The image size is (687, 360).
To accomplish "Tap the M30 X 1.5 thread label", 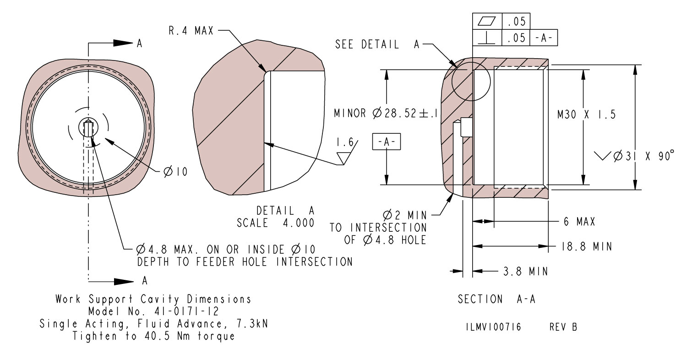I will [x=586, y=115].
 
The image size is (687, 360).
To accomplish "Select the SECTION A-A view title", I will [x=497, y=300].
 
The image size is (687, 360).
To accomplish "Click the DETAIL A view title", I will [x=285, y=211].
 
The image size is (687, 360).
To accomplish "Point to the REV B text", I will [x=563, y=327].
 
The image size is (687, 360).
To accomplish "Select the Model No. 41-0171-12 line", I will [x=153, y=311].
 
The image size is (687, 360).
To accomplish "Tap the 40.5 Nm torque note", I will [x=153, y=336].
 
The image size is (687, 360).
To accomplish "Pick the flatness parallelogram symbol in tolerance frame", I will [x=487, y=21].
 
